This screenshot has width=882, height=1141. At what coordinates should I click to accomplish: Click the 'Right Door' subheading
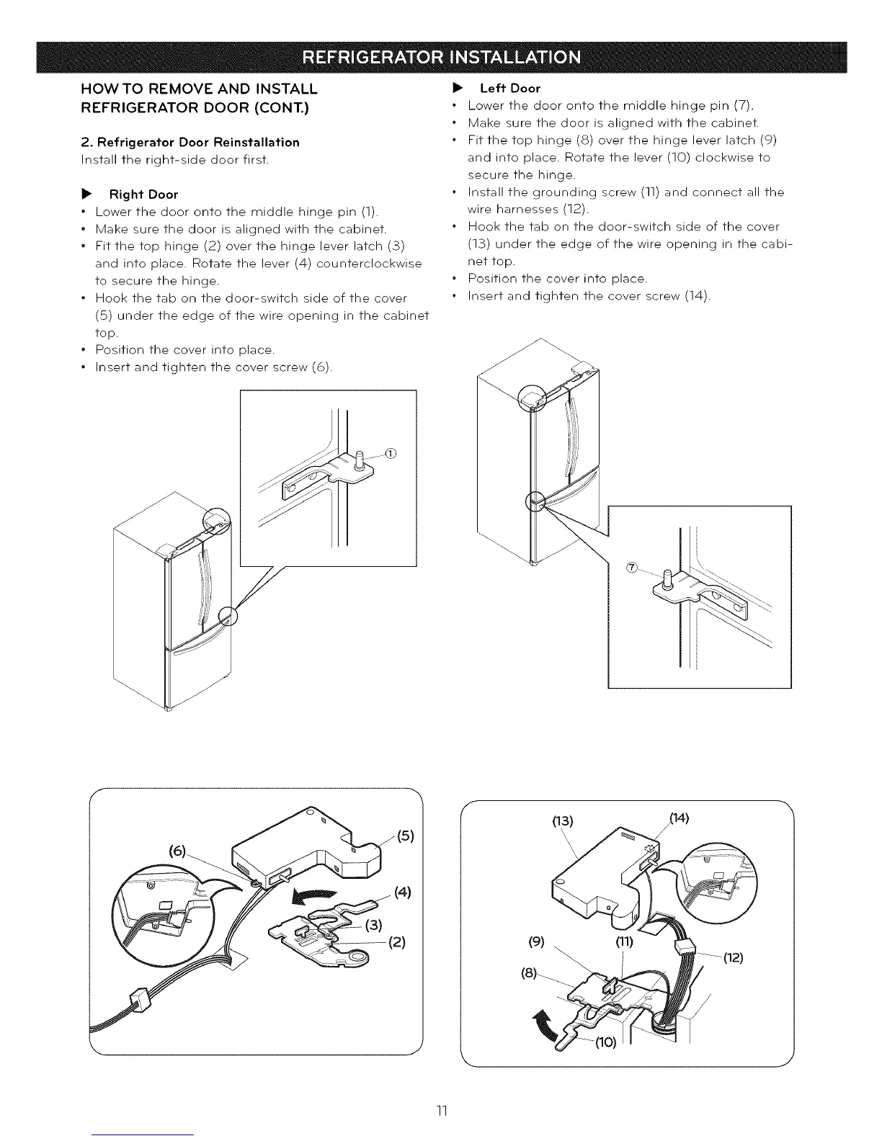[143, 194]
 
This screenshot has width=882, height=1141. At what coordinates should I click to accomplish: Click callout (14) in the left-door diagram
[680, 817]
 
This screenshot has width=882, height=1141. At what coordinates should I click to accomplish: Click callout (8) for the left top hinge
[530, 972]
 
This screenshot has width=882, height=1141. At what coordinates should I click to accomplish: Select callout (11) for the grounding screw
[623, 941]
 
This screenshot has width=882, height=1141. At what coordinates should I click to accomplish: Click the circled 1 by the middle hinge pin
[391, 453]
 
